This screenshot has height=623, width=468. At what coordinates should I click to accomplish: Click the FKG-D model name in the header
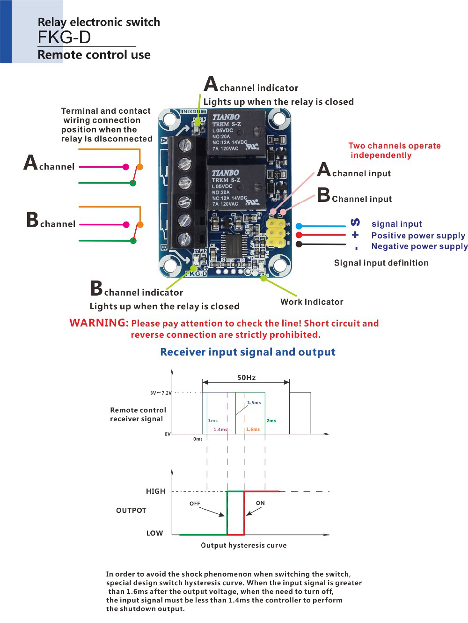coord(64,37)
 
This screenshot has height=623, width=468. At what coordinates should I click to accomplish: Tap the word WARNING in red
coord(99,323)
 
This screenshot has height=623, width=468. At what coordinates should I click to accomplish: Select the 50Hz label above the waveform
coord(246,378)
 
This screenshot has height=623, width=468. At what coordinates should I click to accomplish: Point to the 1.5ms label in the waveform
coord(254,403)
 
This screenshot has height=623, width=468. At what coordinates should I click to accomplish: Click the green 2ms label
coord(271,421)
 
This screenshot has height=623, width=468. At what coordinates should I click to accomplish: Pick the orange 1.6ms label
coord(253,429)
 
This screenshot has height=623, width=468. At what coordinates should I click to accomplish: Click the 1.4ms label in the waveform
coord(220,429)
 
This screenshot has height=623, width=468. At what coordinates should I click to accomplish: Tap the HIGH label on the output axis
coord(155,491)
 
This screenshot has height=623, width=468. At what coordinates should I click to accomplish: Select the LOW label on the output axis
coord(154,533)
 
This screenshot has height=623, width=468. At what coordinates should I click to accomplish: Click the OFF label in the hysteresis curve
coord(195,504)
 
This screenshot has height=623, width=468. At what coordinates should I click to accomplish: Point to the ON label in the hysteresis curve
coord(260,503)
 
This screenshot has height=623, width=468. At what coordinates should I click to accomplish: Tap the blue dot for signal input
coord(299,226)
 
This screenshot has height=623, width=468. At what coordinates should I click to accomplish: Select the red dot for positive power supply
coord(299,235)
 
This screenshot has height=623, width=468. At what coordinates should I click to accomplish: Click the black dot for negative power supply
coord(299,244)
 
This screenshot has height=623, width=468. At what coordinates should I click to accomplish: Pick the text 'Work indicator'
coord(312,302)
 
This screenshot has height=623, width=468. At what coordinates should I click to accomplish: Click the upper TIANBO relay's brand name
coord(226,117)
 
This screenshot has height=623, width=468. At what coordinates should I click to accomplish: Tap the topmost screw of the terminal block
coord(185,145)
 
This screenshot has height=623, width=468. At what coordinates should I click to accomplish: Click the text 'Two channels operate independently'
coord(394,150)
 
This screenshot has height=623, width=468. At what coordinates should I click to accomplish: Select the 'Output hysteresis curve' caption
coord(243,545)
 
